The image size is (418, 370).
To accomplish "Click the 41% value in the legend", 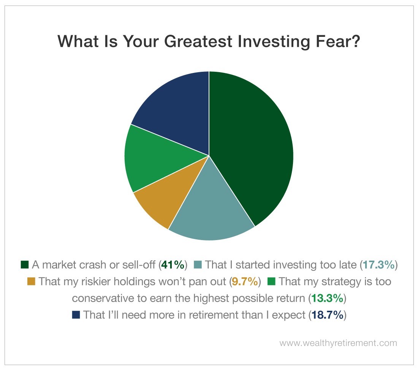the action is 173,265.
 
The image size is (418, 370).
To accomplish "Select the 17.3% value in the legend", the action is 378,265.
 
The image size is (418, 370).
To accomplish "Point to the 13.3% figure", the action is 327,298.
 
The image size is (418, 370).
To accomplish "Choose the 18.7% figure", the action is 327,315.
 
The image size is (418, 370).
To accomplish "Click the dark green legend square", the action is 25,265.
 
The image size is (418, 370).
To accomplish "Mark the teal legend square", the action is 198,265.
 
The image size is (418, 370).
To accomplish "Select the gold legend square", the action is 31,281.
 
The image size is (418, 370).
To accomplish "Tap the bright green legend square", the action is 271,281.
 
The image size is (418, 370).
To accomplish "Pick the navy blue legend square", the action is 76,315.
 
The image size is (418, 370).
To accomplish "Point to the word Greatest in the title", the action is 198,41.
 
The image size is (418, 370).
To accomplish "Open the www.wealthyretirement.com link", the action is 338,343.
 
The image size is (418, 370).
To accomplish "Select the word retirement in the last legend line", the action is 213,315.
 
